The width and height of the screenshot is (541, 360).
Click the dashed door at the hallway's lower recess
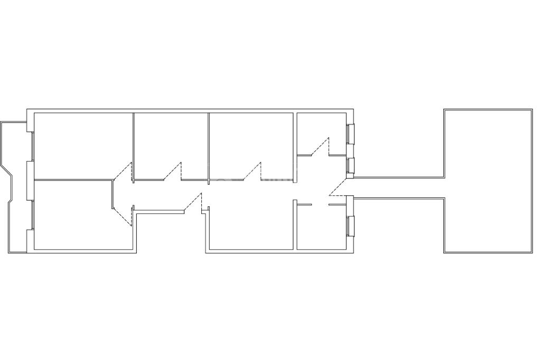[193, 202]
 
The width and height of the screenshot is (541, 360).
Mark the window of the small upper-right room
[350, 134]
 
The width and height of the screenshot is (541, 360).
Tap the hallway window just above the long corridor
[350, 166]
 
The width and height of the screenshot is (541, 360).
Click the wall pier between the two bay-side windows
[30, 180]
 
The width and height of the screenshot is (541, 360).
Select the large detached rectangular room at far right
[488, 181]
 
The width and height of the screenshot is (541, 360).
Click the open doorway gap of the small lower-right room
[320, 204]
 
